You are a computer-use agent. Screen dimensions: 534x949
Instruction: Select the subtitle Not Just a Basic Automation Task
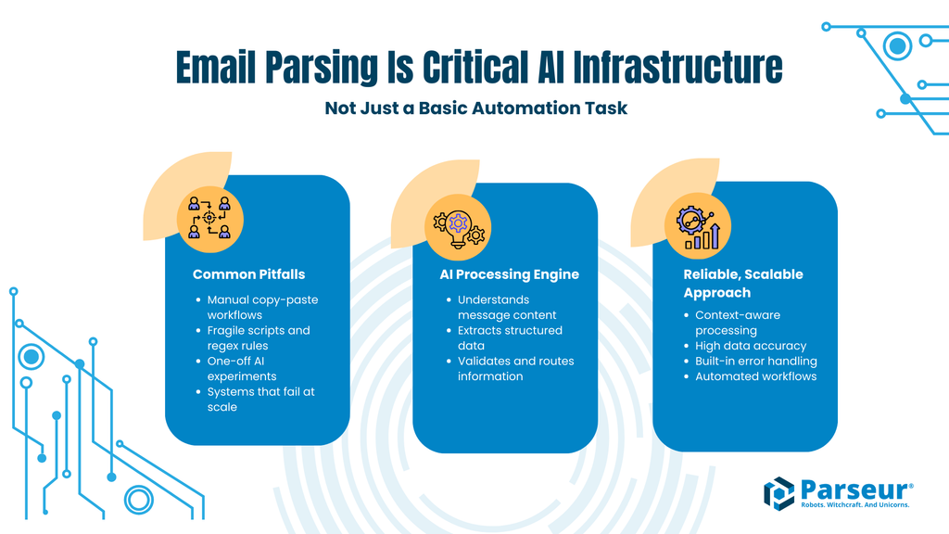[x=475, y=108]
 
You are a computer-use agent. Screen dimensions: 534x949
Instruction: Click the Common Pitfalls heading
[x=248, y=274]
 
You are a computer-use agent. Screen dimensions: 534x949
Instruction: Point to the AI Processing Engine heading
[x=509, y=274]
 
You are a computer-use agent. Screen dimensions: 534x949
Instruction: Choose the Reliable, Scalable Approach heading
[x=743, y=283]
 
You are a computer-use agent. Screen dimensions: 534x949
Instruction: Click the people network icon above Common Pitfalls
[x=209, y=216]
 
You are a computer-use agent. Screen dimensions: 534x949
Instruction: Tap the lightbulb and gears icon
[x=459, y=226]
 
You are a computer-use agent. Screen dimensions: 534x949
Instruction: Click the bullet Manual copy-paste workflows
[x=262, y=307]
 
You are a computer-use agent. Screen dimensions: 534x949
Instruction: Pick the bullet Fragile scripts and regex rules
[x=259, y=337]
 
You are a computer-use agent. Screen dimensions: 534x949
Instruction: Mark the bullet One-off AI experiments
[x=242, y=368]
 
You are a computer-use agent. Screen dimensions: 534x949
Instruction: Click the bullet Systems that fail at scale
[x=260, y=399]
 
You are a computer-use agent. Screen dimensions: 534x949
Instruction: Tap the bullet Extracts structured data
[x=510, y=337]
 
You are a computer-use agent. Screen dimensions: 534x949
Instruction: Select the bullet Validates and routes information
[x=515, y=368]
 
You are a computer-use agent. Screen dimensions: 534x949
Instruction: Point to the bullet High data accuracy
[x=751, y=345]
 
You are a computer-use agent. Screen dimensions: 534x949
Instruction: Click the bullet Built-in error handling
[x=756, y=361]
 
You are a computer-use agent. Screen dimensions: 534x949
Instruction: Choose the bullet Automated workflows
[x=756, y=375]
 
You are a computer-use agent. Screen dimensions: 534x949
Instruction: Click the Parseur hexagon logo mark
[x=778, y=492]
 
